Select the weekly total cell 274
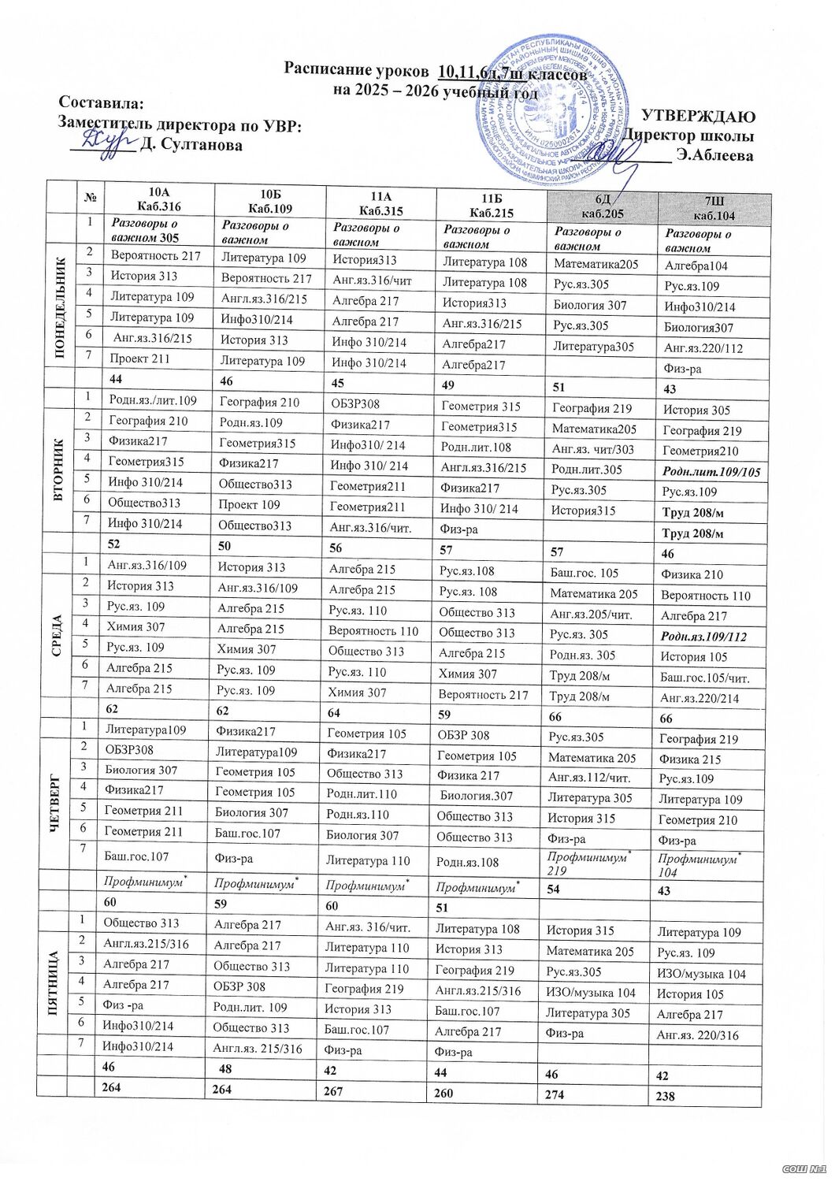click(556, 1094)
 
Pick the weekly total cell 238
click(666, 1096)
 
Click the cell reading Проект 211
click(140, 358)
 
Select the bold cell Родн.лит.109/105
click(711, 472)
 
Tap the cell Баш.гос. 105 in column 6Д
click(584, 573)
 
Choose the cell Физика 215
click(689, 759)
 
